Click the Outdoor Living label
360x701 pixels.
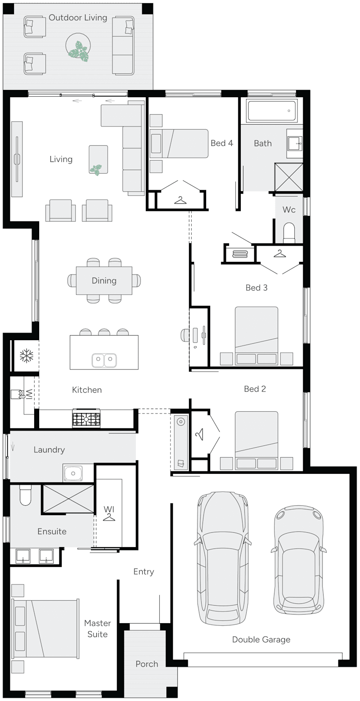tap(78, 18)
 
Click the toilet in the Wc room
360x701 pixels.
tap(288, 233)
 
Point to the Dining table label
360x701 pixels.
tap(104, 281)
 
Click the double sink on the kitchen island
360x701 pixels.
tap(104, 359)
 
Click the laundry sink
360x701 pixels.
tap(73, 473)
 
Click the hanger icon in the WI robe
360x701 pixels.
tap(109, 518)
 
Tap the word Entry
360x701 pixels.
tap(144, 571)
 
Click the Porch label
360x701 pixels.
tap(147, 664)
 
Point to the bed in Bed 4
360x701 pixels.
tap(179, 144)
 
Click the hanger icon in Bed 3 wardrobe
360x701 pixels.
tap(279, 254)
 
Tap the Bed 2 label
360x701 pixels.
tap(255, 389)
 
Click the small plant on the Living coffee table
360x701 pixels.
tap(96, 169)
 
